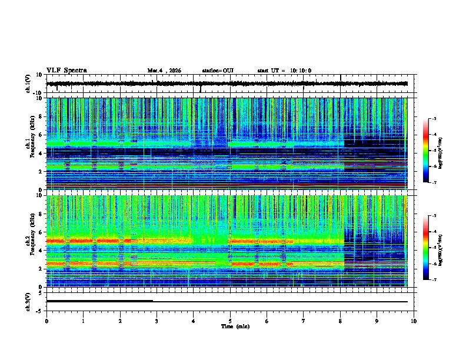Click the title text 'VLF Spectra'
point(66,71)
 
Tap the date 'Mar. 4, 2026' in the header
point(164,71)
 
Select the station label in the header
point(218,71)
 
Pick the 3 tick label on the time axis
point(157,321)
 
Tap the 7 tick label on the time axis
point(304,321)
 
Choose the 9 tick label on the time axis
point(377,321)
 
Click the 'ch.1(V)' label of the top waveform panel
point(28,84)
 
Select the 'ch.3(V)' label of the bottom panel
point(28,301)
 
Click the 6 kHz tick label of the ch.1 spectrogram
point(40,135)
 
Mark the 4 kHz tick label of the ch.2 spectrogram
point(40,250)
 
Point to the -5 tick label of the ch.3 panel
point(40,310)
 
